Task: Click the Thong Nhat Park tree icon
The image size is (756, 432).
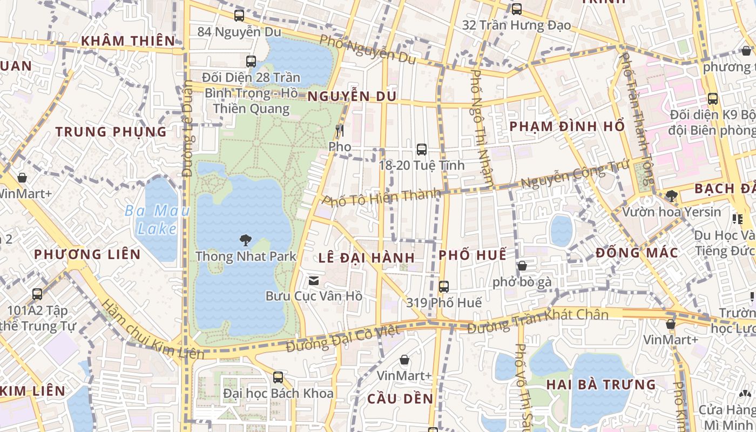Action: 246,240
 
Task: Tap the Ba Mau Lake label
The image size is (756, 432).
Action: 157,219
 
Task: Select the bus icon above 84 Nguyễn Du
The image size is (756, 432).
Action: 239,16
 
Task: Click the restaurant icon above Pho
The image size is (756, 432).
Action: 340,130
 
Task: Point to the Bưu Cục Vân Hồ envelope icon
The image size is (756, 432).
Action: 313,280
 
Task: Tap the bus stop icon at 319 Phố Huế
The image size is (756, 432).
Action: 444,287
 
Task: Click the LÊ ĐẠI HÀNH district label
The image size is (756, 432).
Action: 367,257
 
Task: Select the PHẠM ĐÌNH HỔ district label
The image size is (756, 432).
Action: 567,126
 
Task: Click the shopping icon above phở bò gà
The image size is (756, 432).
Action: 522,266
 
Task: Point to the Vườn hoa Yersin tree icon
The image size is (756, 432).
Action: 671,195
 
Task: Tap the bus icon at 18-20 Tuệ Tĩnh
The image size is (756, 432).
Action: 422,149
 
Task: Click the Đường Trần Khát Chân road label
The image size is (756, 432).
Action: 538,321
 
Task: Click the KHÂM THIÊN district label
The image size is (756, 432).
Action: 128,40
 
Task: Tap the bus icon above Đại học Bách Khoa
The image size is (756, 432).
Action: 278,377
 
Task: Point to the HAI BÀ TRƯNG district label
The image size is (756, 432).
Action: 601,385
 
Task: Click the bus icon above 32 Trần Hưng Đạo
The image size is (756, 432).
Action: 517,9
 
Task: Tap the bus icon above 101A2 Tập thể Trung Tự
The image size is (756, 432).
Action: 37,294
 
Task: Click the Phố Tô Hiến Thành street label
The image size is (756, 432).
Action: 381,197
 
